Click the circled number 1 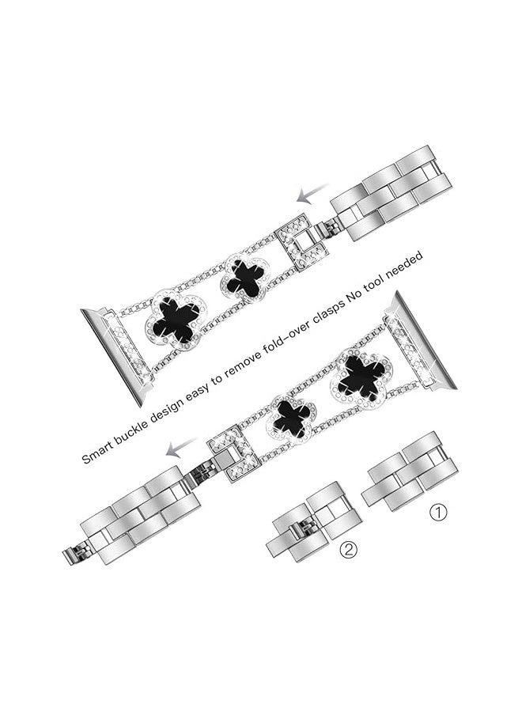point(438,513)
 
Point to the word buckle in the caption point(133,429)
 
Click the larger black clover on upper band point(175,320)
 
